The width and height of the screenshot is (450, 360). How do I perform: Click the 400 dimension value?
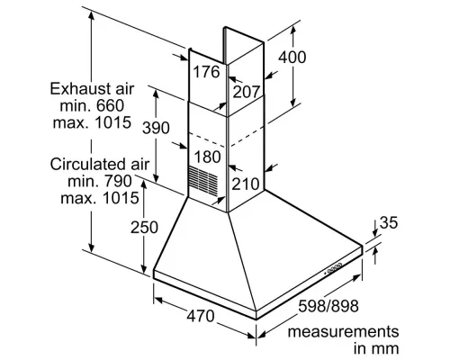click(x=292, y=57)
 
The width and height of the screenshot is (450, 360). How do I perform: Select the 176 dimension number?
click(x=206, y=72)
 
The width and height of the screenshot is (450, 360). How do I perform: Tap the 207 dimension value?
click(x=246, y=92)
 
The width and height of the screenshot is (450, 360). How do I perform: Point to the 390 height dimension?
click(x=156, y=128)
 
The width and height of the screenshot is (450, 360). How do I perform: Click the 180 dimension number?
click(x=207, y=157)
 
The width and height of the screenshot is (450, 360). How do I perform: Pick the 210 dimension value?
click(x=246, y=184)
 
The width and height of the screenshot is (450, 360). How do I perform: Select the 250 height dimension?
click(x=144, y=228)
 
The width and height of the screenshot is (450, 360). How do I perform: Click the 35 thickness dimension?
click(x=389, y=222)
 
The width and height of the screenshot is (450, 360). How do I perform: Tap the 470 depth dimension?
click(x=201, y=316)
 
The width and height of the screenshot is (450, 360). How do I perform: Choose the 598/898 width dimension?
click(x=328, y=306)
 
